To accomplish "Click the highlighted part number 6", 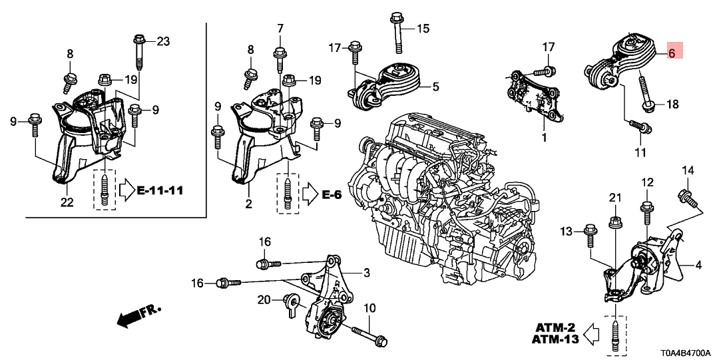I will coord(672,52).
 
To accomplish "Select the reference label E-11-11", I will coord(160,192).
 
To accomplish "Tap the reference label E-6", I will coord(334,194).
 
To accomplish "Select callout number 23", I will coord(163,41).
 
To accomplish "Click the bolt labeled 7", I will coord(280,60).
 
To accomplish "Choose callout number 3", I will coord(366,273).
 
